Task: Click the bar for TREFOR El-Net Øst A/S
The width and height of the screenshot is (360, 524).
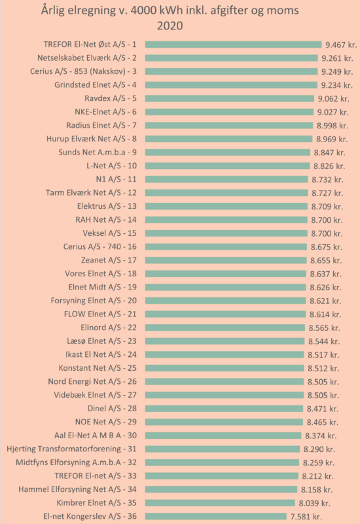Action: pyautogui.click(x=234, y=45)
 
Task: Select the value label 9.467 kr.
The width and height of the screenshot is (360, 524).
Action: pyautogui.click(x=341, y=45)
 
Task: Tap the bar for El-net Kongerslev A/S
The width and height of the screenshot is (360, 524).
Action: pyautogui.click(x=216, y=516)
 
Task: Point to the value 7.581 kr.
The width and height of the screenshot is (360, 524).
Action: pyautogui.click(x=306, y=517)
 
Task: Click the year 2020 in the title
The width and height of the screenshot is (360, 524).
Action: pyautogui.click(x=170, y=26)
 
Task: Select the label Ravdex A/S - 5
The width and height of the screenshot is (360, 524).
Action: pyautogui.click(x=111, y=99)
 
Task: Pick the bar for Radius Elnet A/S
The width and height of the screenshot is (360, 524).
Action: pyautogui.click(x=229, y=126)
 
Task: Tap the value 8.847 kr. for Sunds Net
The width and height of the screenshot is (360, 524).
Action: pyautogui.click(x=330, y=153)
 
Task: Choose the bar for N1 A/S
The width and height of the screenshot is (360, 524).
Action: pyautogui.click(x=226, y=179)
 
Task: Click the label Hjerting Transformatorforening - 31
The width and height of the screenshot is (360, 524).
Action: pyautogui.click(x=72, y=449)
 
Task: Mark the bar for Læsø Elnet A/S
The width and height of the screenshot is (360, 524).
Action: pyautogui.click(x=225, y=341)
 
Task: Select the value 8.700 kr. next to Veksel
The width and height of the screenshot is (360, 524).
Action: pyautogui.click(x=327, y=234)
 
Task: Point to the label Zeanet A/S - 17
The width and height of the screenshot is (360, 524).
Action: pyautogui.click(x=109, y=260)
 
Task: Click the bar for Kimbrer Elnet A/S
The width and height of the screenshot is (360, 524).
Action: pyautogui.click(x=220, y=503)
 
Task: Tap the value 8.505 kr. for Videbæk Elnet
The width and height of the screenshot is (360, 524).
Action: pyautogui.click(x=323, y=396)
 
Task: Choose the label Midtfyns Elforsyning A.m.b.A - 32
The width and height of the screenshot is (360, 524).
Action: pyautogui.click(x=77, y=462)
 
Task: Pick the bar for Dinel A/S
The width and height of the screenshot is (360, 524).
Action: pyautogui.click(x=224, y=409)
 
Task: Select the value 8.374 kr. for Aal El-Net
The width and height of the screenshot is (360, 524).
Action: pyautogui.click(x=321, y=436)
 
